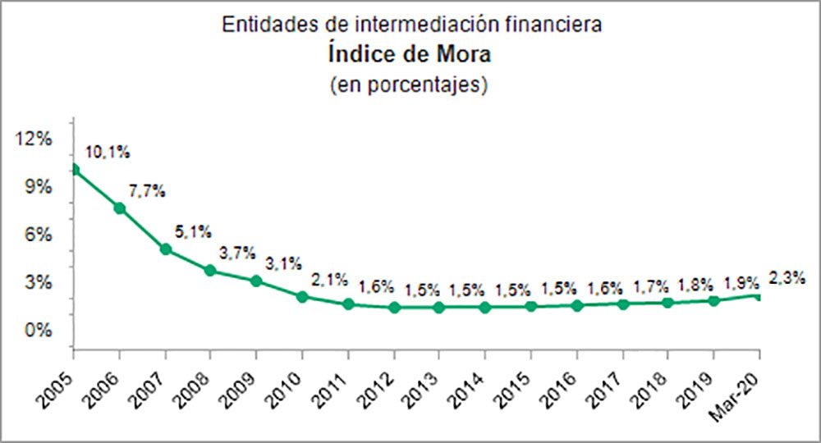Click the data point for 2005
[x=74, y=170]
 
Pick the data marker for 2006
[x=120, y=208]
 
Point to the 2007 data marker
[x=166, y=249]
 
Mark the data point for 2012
[x=394, y=308]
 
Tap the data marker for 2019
[x=713, y=301]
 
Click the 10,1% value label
[x=108, y=152]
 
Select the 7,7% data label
[x=148, y=192]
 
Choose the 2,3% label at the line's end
[x=787, y=278]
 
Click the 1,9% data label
[x=742, y=284]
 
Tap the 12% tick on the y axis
[x=34, y=139]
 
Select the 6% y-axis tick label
[x=39, y=235]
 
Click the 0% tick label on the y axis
[x=39, y=331]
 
